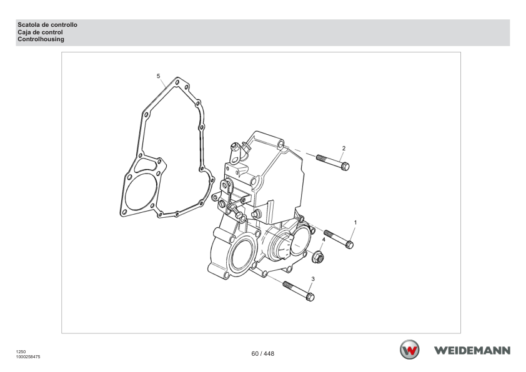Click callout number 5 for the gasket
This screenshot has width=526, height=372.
pos(158,76)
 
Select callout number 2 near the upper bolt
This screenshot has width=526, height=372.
pos(344,148)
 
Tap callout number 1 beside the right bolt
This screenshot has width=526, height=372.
pos(355,222)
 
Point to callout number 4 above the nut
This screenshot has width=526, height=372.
pos(324,240)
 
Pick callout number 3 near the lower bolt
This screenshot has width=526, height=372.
pos(313,279)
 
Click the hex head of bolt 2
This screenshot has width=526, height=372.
pos(345,166)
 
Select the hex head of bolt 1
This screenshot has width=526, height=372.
pos(349,245)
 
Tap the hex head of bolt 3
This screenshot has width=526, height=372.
pos(310,296)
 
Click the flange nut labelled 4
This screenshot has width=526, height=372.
pos(318,257)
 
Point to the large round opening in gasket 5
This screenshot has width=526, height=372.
pos(141,192)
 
